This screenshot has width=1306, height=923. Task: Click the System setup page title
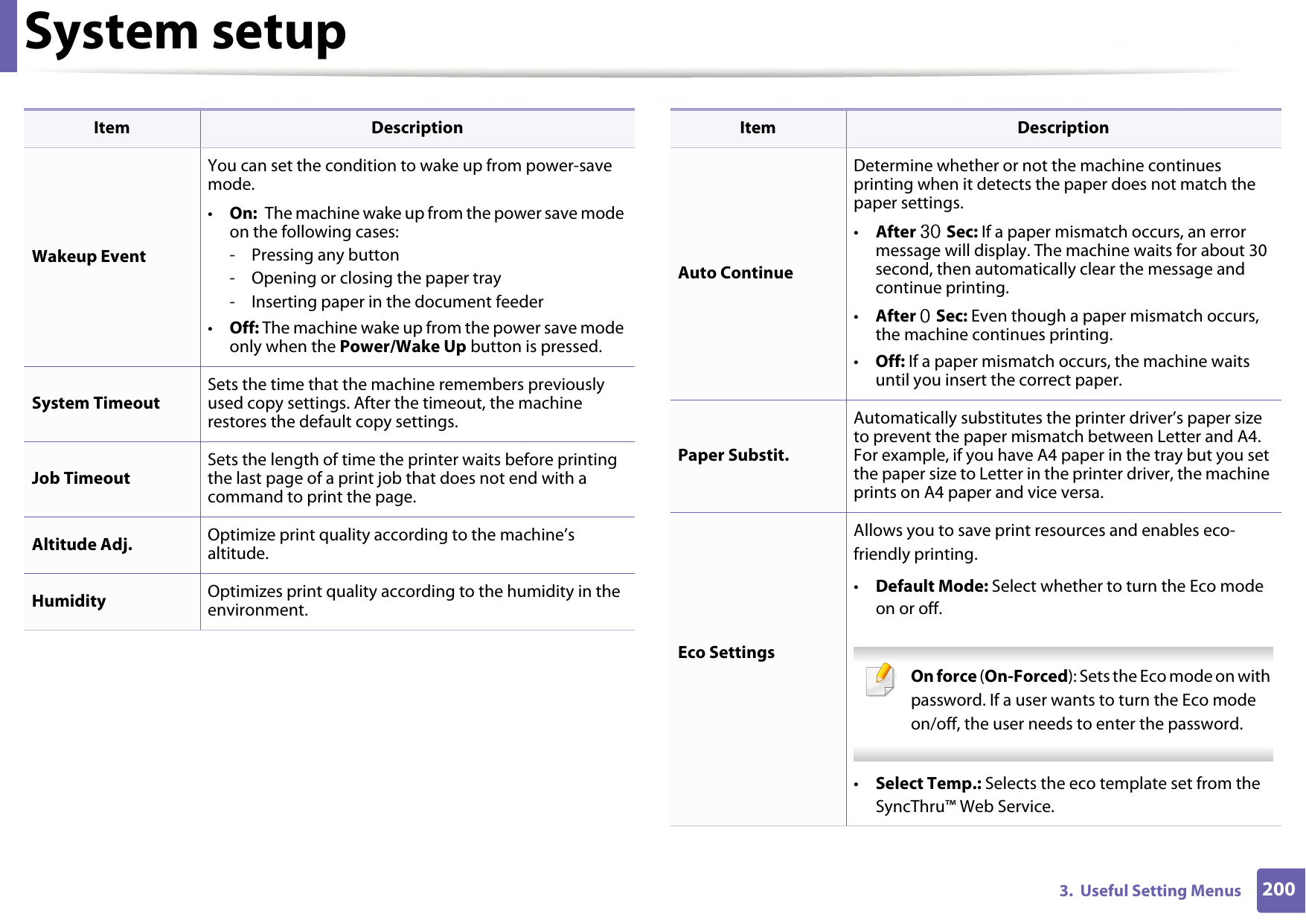(185, 33)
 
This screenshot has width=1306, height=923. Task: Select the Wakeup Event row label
(89, 257)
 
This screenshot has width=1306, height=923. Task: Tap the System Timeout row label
(95, 403)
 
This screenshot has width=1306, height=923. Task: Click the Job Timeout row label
(80, 479)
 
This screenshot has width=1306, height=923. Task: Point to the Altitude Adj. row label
(82, 545)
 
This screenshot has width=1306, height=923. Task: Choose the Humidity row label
(68, 601)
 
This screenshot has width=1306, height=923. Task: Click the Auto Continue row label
(734, 273)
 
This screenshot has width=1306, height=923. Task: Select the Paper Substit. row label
(732, 456)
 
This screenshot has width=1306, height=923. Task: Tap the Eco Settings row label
(726, 653)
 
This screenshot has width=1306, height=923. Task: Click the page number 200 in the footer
(1278, 890)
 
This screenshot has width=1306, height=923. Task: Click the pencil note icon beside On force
(880, 680)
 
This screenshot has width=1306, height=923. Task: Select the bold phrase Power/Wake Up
(402, 347)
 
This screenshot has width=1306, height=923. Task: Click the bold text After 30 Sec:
(926, 232)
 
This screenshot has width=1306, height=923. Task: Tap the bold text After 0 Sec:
(921, 316)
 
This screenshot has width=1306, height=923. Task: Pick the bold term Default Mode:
(931, 587)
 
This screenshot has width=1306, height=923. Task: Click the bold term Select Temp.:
(927, 784)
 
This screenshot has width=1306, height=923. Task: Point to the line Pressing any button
(324, 255)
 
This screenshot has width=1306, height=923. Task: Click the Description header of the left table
(417, 128)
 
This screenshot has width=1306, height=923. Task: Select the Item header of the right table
(757, 128)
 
